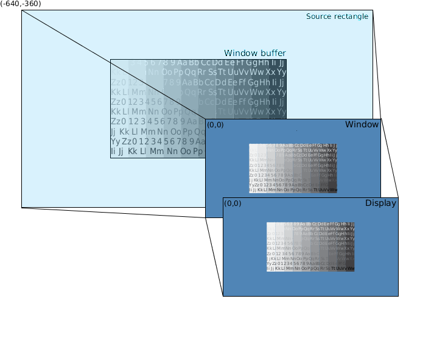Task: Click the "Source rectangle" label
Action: (x=337, y=16)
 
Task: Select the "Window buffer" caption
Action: (x=254, y=54)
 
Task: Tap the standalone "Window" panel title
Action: (x=362, y=125)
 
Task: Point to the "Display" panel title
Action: (x=380, y=203)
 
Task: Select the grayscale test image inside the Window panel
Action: (x=293, y=169)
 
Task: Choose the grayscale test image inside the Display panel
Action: (x=310, y=247)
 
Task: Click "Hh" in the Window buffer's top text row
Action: (x=263, y=63)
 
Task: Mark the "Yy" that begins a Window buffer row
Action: (x=115, y=141)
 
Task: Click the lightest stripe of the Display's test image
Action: (x=271, y=247)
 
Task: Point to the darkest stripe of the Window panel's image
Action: (x=332, y=169)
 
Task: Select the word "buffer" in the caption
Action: (x=273, y=54)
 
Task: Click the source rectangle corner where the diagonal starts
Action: (x=23, y=11)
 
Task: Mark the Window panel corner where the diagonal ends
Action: (x=206, y=119)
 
